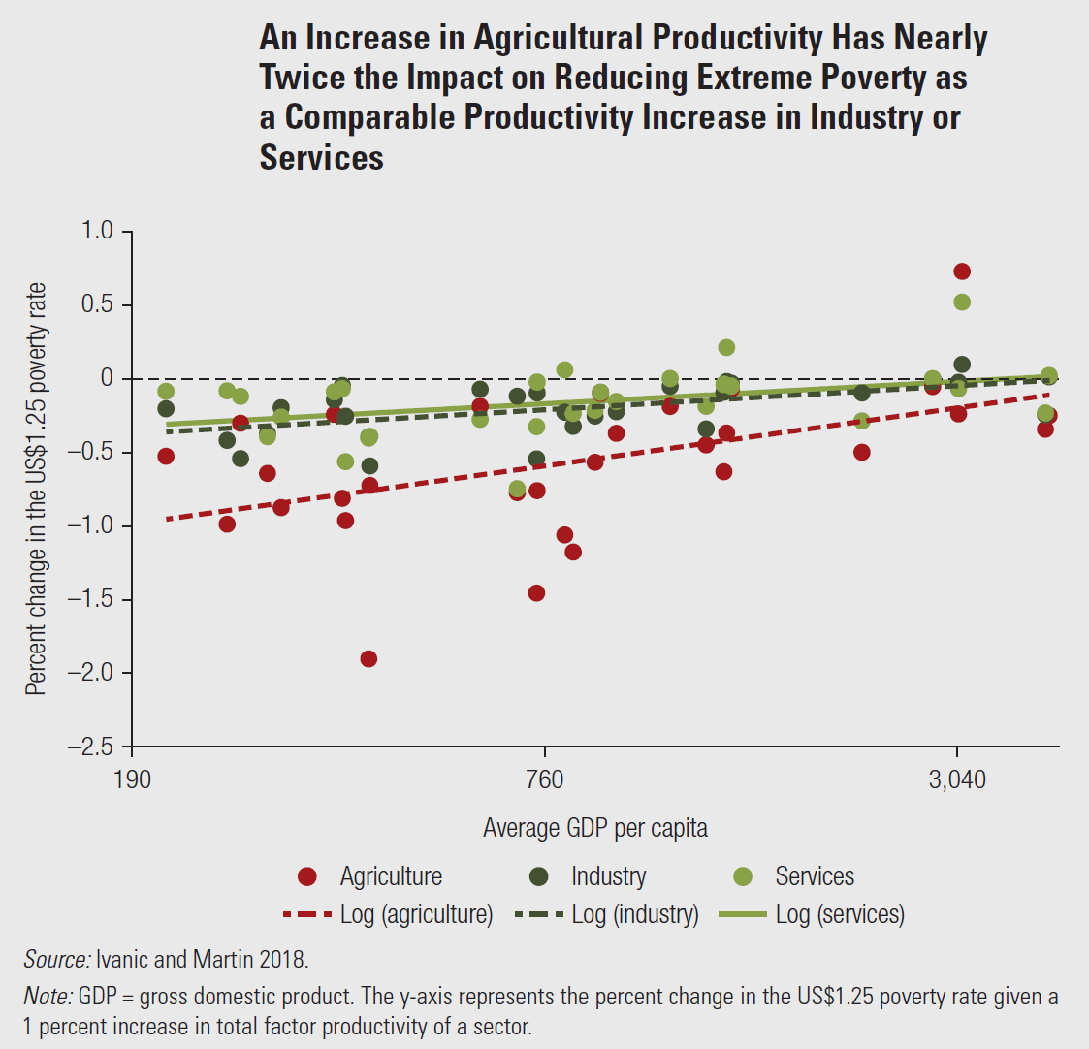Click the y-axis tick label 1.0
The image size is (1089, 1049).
click(x=97, y=231)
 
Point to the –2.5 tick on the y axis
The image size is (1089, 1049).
click(x=90, y=747)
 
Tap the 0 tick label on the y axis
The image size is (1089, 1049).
click(x=107, y=378)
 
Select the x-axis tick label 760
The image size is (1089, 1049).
click(x=544, y=779)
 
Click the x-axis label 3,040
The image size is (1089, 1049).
click(x=957, y=779)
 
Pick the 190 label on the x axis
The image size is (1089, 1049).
click(x=132, y=779)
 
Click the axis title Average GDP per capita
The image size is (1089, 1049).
click(x=595, y=828)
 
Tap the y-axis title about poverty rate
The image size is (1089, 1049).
click(x=36, y=489)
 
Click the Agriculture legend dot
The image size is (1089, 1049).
click(x=307, y=877)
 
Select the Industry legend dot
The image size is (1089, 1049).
click(x=539, y=877)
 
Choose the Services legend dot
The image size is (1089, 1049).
click(x=743, y=877)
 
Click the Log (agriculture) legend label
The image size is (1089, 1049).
click(x=416, y=914)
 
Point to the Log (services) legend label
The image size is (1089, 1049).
click(x=840, y=914)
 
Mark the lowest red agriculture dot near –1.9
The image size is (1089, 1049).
click(x=368, y=659)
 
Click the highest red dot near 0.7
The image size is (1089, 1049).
click(x=962, y=271)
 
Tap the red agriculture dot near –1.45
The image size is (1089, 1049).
click(x=536, y=593)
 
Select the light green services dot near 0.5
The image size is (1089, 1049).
click(x=962, y=302)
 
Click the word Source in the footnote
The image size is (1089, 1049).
click(x=55, y=960)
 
